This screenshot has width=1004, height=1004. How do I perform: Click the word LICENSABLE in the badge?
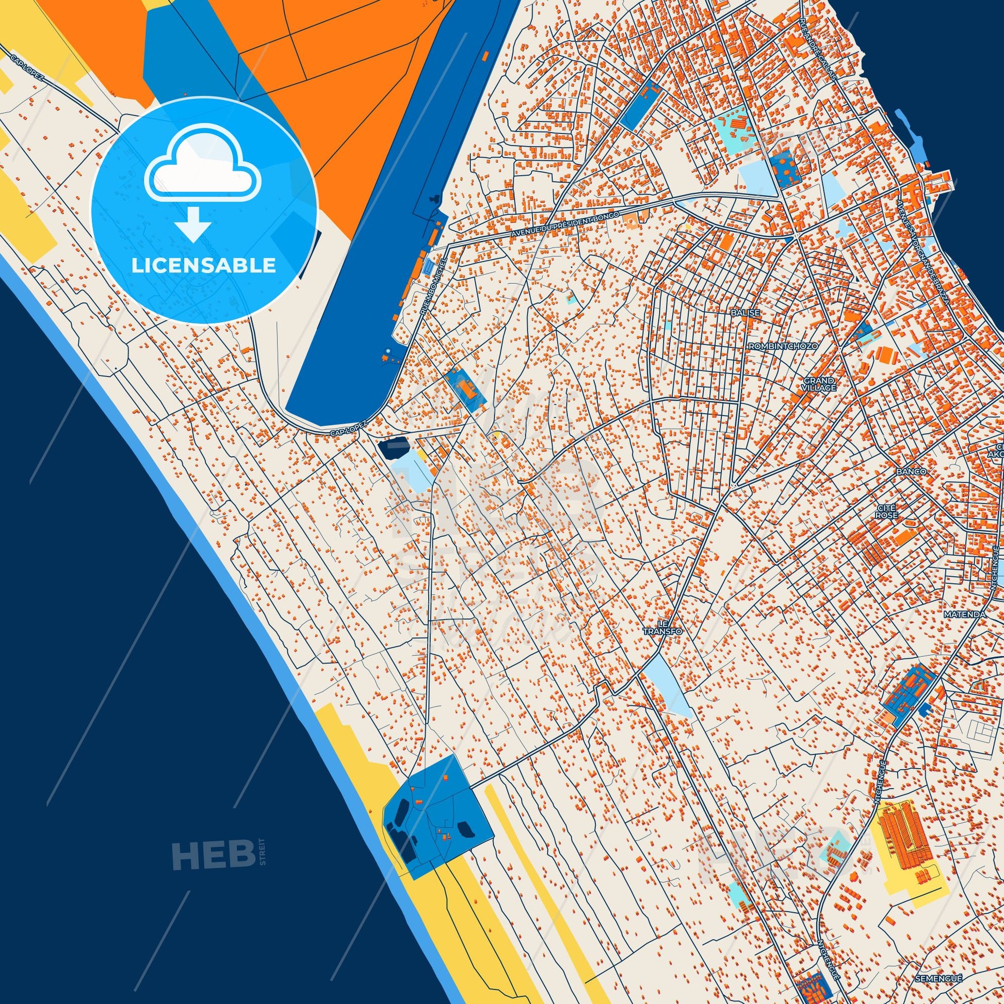pyautogui.click(x=203, y=266)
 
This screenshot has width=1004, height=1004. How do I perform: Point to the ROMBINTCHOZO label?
pyautogui.click(x=783, y=346)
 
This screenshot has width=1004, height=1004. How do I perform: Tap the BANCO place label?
pyautogui.click(x=911, y=472)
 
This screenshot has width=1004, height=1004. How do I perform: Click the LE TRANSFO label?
pyautogui.click(x=662, y=627)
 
